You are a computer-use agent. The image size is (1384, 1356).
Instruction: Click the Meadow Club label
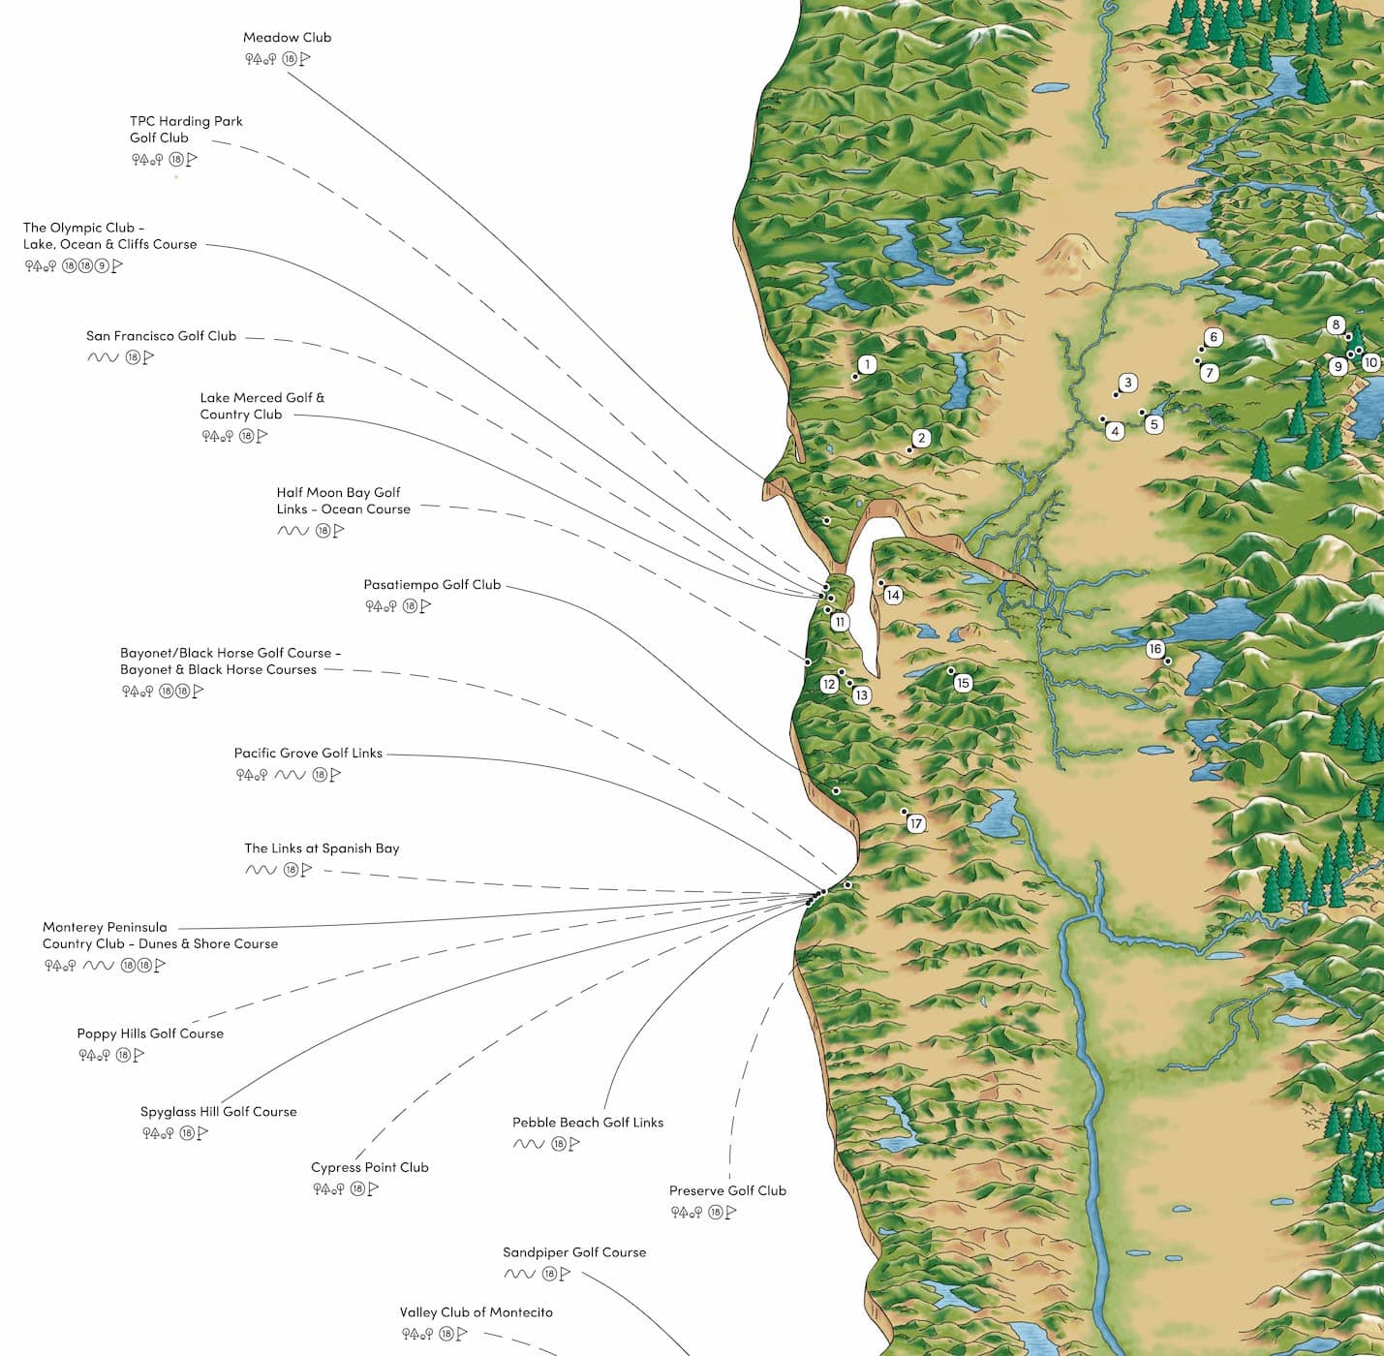click(x=287, y=38)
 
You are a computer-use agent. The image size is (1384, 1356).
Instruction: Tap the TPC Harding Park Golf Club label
click(x=186, y=129)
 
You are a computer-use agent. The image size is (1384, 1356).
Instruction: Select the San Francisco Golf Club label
click(x=161, y=336)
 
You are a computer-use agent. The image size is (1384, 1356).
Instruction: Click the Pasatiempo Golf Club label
click(x=432, y=585)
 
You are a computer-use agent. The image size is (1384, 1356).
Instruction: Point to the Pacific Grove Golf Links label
click(x=308, y=754)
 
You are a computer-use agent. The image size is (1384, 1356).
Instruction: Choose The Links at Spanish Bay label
click(x=322, y=848)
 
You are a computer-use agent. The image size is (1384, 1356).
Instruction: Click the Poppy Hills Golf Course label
click(x=150, y=1033)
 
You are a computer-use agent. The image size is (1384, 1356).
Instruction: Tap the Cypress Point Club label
click(x=369, y=1167)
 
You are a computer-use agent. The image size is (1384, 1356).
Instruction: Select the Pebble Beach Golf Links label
click(x=588, y=1123)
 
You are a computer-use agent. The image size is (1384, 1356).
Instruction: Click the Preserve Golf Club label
click(x=727, y=1191)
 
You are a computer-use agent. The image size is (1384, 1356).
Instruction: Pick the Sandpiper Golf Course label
click(x=574, y=1252)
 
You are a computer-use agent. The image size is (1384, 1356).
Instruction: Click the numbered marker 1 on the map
click(x=868, y=364)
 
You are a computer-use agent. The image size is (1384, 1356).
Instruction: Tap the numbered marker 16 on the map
click(x=1154, y=649)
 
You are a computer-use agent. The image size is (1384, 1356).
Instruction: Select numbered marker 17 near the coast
click(x=916, y=824)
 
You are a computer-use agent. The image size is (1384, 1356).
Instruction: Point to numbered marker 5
click(x=1153, y=424)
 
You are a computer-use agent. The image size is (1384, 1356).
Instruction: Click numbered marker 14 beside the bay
click(x=893, y=596)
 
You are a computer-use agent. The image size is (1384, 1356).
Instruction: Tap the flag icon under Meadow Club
click(x=305, y=59)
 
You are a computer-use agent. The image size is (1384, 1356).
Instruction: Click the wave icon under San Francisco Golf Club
click(x=102, y=357)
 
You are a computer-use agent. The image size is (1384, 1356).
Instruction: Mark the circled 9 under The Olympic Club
click(x=102, y=266)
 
